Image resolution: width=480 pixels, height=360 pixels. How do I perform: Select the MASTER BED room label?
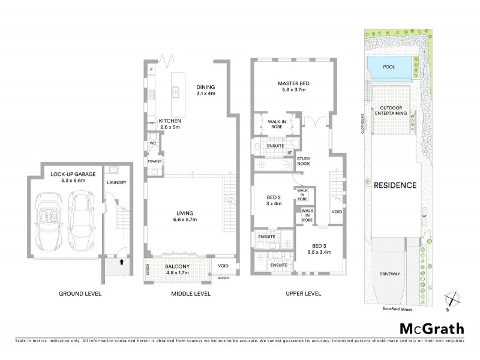click(x=292, y=83)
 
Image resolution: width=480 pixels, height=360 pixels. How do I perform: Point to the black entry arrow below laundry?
click(x=122, y=261)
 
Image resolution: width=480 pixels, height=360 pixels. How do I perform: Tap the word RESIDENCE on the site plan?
click(x=395, y=185)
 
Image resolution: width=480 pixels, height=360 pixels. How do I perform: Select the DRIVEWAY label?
click(x=391, y=272)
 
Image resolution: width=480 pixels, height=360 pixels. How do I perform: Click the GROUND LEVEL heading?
click(x=80, y=293)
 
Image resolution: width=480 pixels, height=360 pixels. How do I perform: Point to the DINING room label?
click(x=206, y=86)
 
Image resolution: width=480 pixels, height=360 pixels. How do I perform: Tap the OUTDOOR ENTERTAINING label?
click(x=391, y=110)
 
